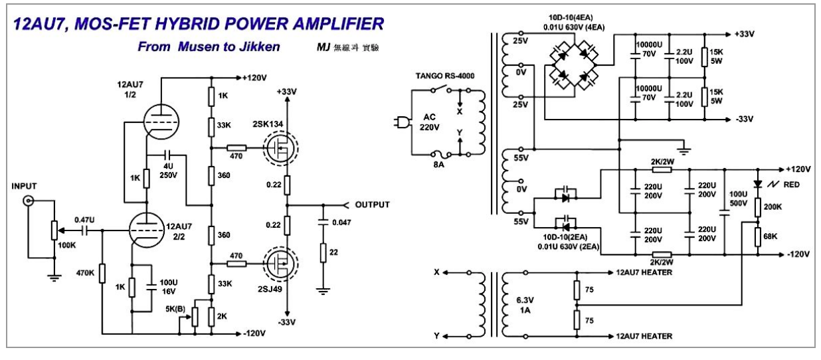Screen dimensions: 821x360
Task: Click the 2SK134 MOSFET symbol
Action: [281, 148]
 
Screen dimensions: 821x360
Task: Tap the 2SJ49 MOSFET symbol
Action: [281, 264]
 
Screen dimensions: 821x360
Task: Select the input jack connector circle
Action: [28, 201]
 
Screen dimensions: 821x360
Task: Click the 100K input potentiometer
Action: [54, 230]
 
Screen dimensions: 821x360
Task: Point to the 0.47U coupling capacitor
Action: [85, 230]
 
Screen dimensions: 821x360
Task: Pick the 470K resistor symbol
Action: [102, 273]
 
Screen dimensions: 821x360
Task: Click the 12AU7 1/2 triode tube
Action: [161, 122]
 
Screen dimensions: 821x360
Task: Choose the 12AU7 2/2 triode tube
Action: [147, 230]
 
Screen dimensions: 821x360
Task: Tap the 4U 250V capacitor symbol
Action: [168, 155]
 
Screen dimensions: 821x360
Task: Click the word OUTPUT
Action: [372, 205]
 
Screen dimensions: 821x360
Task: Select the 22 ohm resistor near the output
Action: [323, 252]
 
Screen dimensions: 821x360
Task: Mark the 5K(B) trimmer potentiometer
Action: [195, 317]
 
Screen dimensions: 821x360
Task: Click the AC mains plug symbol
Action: [401, 122]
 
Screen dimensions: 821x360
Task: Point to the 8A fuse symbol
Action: [441, 154]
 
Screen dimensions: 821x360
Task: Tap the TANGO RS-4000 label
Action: [444, 76]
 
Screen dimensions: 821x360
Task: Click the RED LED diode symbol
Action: [758, 184]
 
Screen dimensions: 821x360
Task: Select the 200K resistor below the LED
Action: [758, 207]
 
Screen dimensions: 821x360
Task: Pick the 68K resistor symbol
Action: [758, 236]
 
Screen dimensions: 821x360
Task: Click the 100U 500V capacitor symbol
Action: [724, 213]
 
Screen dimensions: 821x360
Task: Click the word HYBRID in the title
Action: [187, 24]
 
